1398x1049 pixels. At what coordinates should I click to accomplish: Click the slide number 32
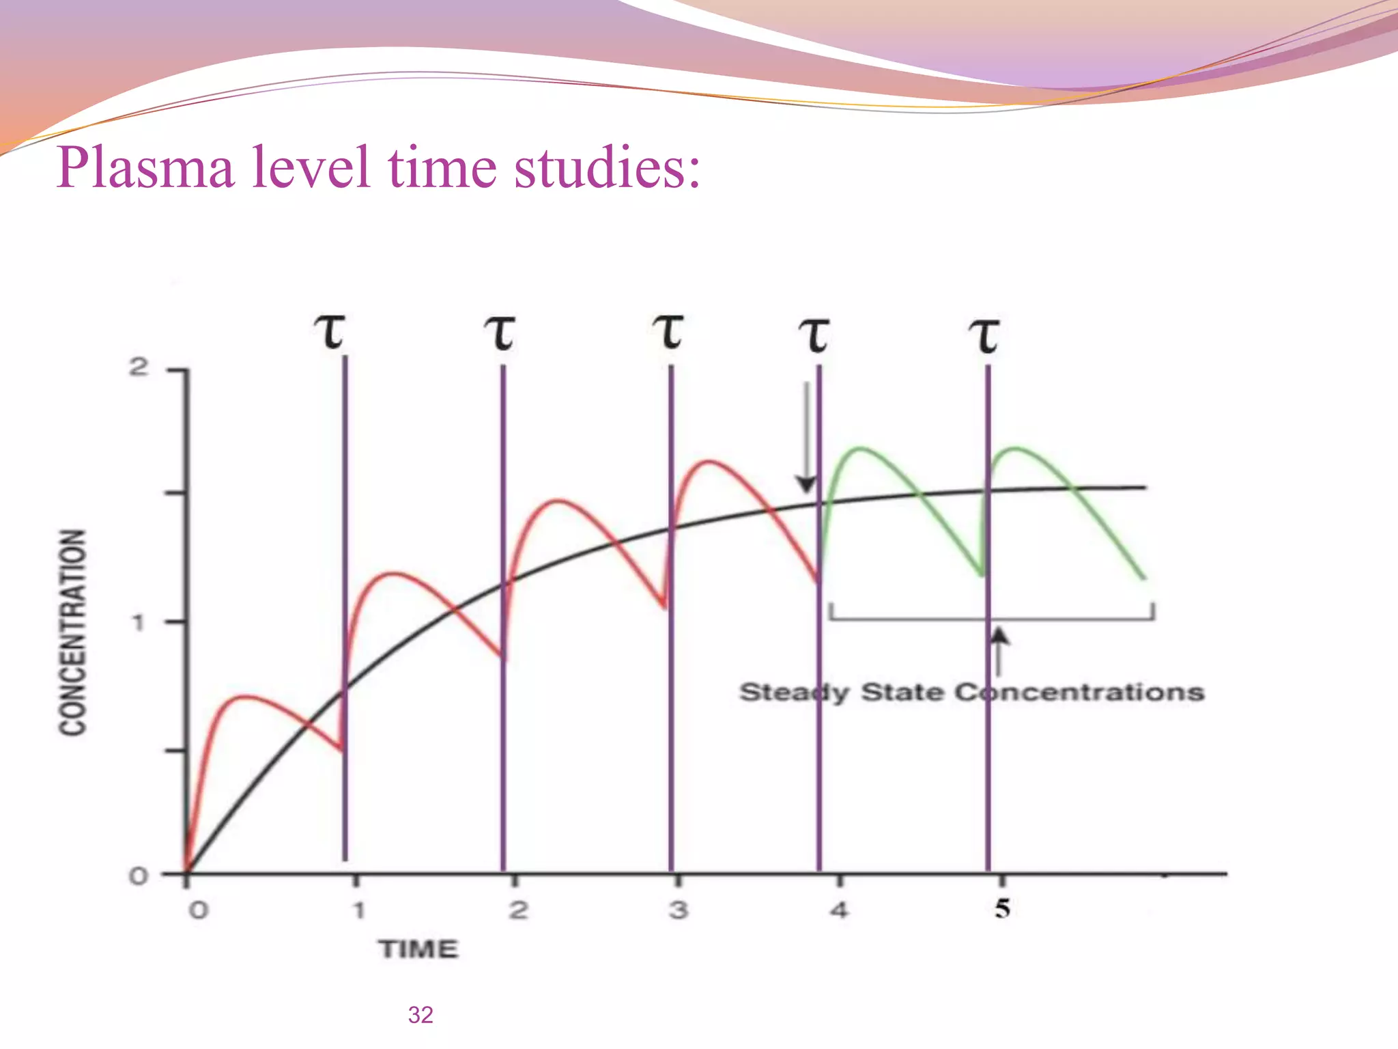click(x=420, y=1015)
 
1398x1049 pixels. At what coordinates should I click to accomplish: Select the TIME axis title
click(x=419, y=949)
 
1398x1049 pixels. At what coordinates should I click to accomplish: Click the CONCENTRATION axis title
click(x=73, y=632)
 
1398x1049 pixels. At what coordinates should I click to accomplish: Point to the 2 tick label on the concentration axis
click(x=139, y=368)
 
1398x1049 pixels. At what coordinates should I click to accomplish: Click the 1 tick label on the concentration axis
click(x=139, y=622)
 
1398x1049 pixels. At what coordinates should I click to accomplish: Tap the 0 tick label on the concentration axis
click(x=139, y=876)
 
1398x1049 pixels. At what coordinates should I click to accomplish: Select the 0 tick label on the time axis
click(x=198, y=910)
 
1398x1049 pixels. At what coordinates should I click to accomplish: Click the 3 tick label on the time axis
click(x=678, y=910)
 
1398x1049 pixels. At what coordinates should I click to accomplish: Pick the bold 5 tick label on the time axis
click(x=1002, y=908)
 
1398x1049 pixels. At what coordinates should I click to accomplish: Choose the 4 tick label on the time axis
click(x=839, y=910)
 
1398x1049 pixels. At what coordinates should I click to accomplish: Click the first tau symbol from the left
click(x=331, y=333)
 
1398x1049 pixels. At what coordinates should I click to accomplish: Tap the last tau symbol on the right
click(x=985, y=336)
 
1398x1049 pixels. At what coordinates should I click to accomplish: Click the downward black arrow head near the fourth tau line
click(x=806, y=484)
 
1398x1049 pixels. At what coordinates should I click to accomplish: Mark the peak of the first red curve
click(x=244, y=697)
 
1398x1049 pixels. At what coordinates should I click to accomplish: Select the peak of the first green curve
click(x=861, y=449)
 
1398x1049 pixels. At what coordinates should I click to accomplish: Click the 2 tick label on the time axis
click(x=518, y=910)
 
